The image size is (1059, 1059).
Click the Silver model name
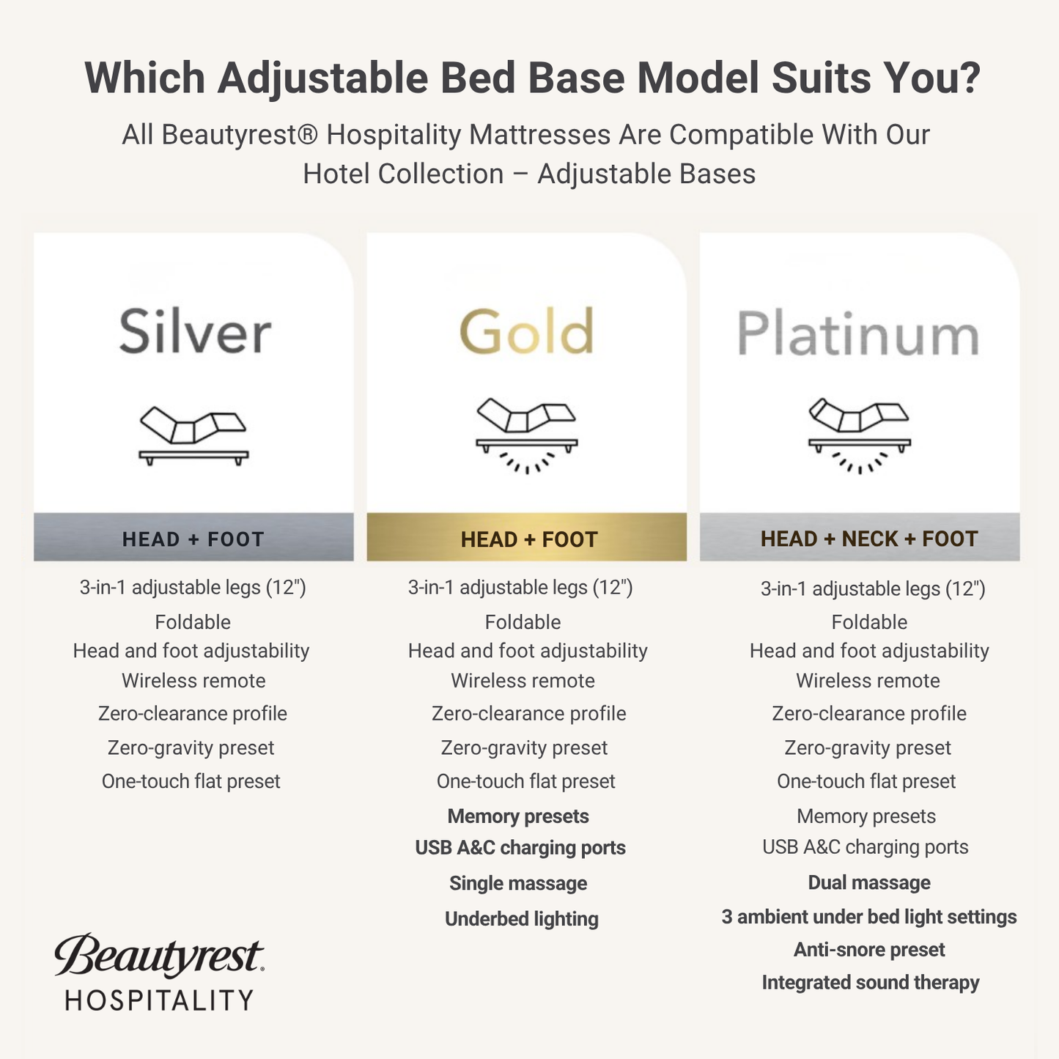195,332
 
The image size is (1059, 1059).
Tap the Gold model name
526,332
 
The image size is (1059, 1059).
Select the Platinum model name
858,334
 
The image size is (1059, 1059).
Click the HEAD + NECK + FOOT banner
868,539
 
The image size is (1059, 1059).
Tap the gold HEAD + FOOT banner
528,539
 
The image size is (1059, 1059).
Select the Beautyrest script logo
159,956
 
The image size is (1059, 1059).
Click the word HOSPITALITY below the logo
159,1000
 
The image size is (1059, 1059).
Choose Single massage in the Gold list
518,883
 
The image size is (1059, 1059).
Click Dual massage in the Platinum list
869,882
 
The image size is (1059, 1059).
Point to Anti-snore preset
869,950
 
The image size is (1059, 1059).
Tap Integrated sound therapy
870,982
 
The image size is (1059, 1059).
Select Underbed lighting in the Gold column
521,918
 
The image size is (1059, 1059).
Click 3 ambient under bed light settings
869,917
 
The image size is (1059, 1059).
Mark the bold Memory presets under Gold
518,816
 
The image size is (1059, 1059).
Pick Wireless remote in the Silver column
193,680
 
